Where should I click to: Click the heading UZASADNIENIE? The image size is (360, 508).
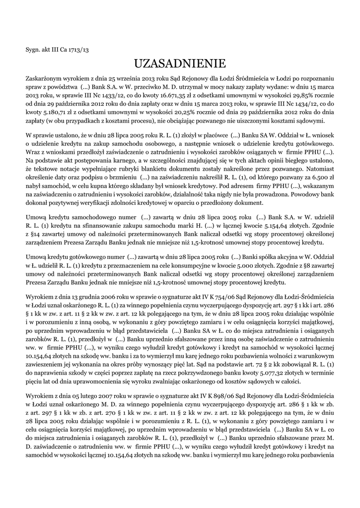180,63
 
